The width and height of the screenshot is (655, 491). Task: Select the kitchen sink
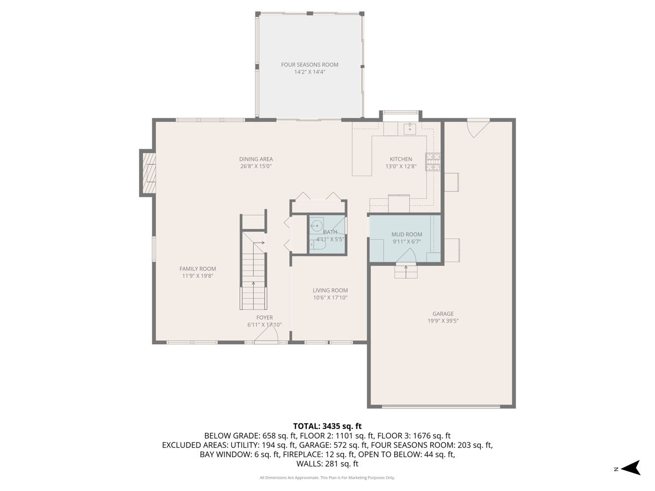[x=410, y=129]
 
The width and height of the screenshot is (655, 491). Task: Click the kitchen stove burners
[x=433, y=162]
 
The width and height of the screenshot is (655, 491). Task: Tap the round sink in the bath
[x=316, y=225]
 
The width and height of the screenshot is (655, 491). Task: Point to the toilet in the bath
[x=317, y=245]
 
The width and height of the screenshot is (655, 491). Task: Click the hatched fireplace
[x=149, y=173]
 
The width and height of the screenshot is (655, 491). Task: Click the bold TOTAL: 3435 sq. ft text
[x=327, y=426]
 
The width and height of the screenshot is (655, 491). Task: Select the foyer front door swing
[x=266, y=333]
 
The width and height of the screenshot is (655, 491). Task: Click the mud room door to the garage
[x=406, y=256]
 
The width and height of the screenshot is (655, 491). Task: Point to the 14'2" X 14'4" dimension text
[x=309, y=72]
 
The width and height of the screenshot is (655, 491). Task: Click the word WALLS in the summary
[x=308, y=464]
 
